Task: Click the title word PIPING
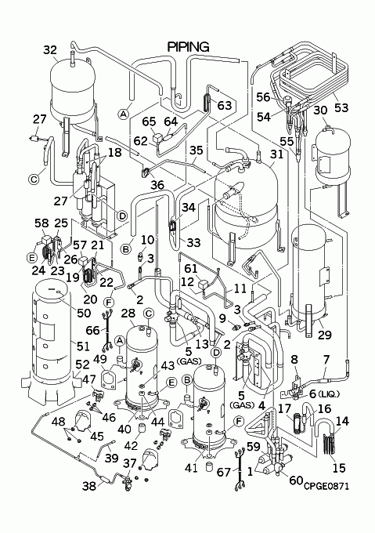[189, 47]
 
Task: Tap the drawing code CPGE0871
[326, 486]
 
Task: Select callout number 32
[50, 50]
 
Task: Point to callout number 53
[341, 107]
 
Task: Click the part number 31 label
[276, 154]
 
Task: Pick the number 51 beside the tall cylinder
[82, 346]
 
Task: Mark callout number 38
[89, 486]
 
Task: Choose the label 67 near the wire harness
[224, 473]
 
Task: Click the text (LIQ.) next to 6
[329, 394]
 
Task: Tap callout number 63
[225, 105]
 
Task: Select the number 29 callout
[324, 335]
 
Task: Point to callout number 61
[191, 269]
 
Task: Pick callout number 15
[339, 468]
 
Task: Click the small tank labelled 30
[333, 153]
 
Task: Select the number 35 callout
[197, 150]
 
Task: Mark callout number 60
[296, 480]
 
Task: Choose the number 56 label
[263, 97]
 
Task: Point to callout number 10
[147, 240]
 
